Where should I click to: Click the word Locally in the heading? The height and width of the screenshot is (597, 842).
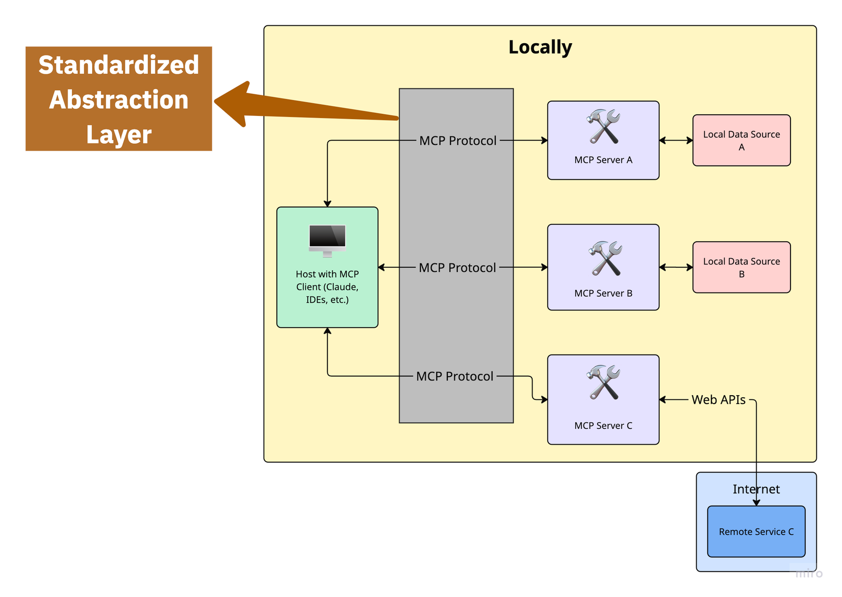coord(540,48)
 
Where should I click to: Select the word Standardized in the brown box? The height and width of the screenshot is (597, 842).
coord(119,65)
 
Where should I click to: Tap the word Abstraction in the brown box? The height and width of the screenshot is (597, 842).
coord(119,100)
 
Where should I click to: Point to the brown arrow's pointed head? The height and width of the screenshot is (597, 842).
coord(215,101)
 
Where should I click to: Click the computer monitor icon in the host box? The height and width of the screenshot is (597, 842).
coord(327,240)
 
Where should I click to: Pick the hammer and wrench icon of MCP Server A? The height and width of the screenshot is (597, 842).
coord(603,126)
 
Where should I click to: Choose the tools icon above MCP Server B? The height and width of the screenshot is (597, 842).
coord(605,258)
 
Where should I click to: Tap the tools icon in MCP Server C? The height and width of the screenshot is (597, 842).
coord(603,382)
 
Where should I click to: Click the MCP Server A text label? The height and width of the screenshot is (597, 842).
coord(603,160)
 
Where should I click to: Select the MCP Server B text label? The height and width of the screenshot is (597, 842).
coord(603,293)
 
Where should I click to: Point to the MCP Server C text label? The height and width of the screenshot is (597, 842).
coord(603,426)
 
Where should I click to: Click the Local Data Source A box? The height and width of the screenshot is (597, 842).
coord(741,140)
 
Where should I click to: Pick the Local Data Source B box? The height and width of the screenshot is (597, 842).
coord(741,267)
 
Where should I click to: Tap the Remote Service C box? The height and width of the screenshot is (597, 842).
coord(756,532)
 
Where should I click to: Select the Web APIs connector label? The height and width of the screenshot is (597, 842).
coord(718,400)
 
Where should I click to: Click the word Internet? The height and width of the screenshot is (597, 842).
coord(756,489)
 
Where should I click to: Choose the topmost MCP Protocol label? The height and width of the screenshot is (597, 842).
coord(457,141)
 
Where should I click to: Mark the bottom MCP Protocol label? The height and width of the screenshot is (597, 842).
coord(455,376)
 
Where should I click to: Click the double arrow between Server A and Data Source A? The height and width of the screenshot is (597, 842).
coord(676,140)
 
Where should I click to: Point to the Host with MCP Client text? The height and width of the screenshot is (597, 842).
coord(327,287)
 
